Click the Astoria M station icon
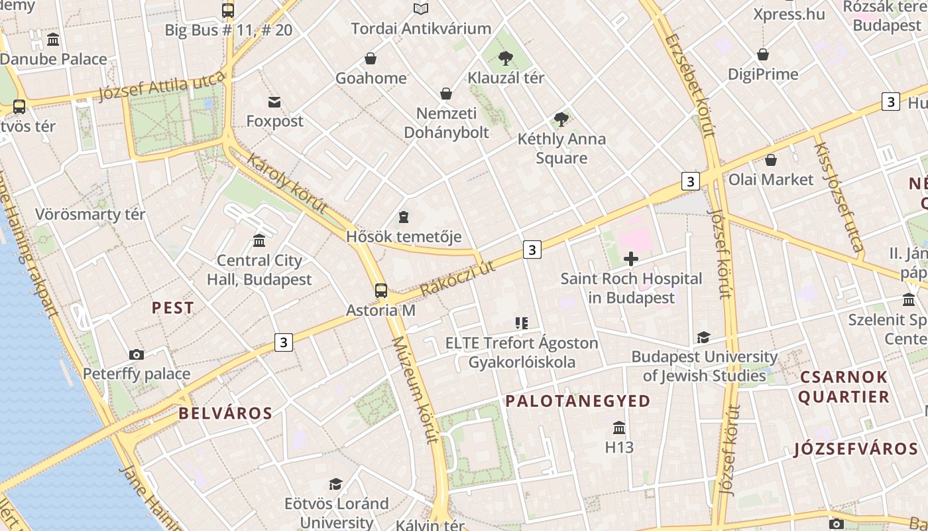coord(380,290)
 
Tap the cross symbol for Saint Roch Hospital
coord(631,259)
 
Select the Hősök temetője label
coord(404,236)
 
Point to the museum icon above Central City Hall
coord(259,240)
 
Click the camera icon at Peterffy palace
coord(137,354)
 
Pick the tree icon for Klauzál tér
coord(506,58)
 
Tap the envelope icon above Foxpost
coord(274,102)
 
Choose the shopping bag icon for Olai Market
coord(771,160)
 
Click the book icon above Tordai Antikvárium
coord(421,9)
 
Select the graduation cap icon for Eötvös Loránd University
coord(336,484)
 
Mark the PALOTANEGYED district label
coord(578,401)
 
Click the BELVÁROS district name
coord(225,413)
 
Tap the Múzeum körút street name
coord(416,390)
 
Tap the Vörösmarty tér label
coord(90,214)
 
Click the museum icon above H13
coord(619,427)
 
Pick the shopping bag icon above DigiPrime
coord(763,54)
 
